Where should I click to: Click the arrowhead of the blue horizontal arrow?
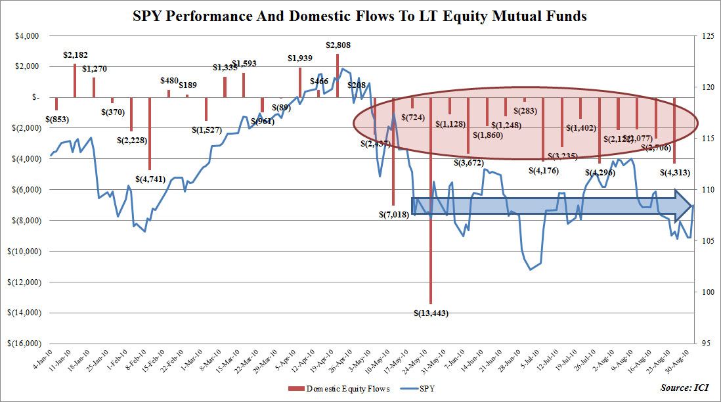coord(685,206)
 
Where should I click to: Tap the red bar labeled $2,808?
coord(338,75)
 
